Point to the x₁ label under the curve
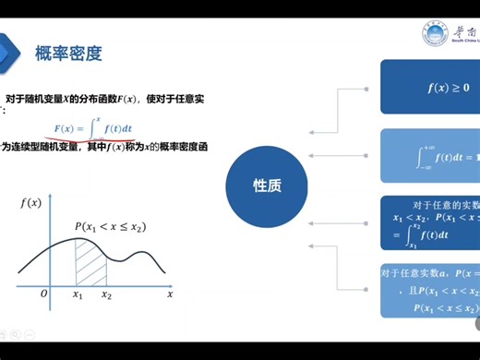pos(78,295)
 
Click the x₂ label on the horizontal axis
pos(107,295)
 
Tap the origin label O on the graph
pos(43,294)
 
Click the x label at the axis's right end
pos(171,294)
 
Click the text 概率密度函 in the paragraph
pos(184,147)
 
